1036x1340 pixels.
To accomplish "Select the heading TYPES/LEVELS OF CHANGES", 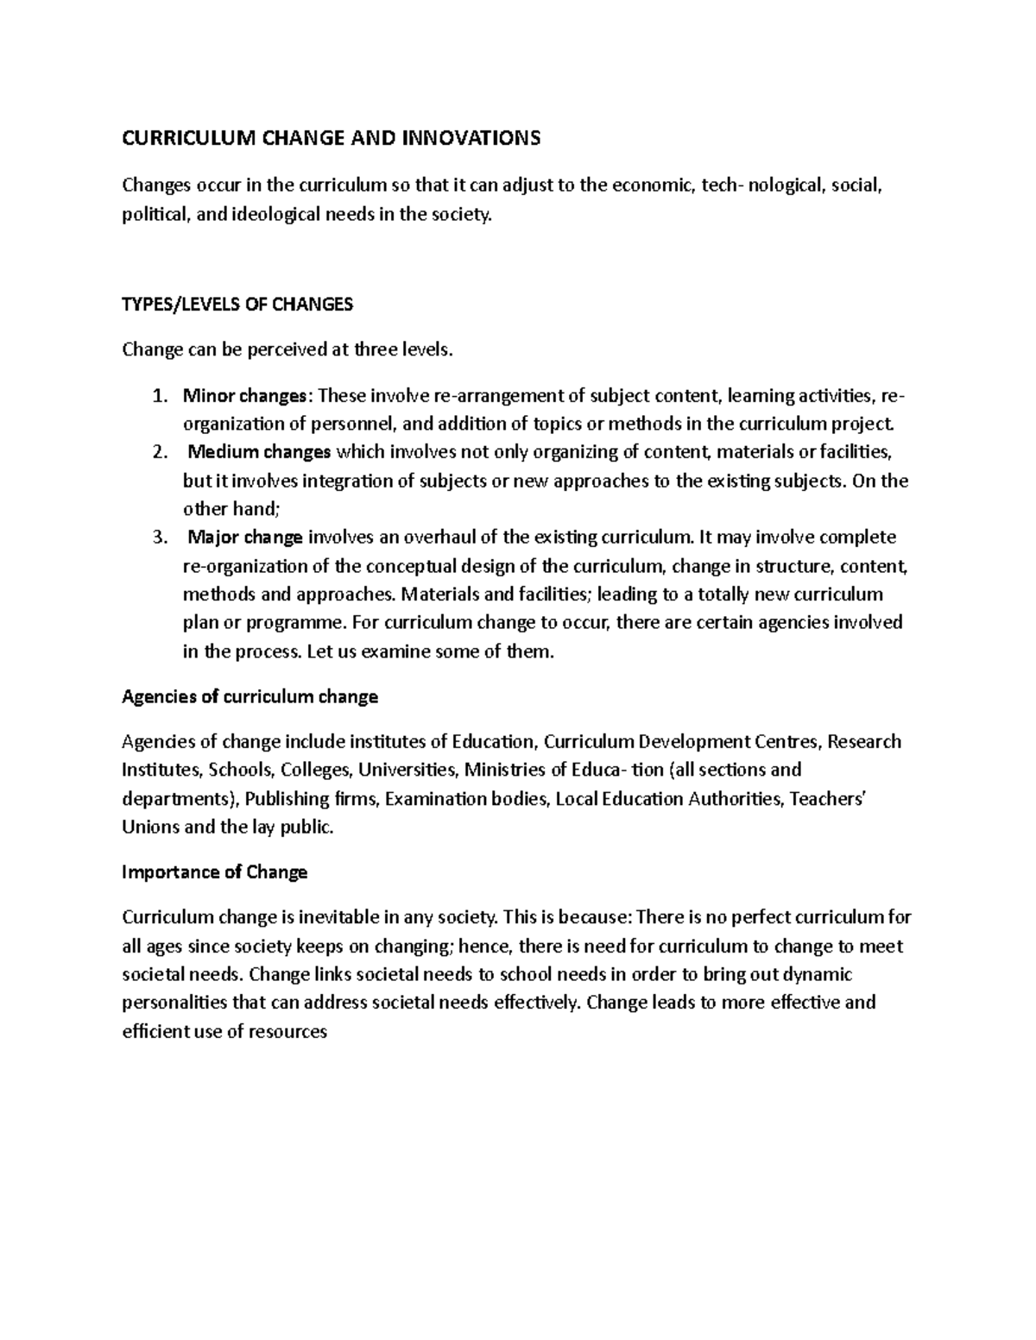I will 237,304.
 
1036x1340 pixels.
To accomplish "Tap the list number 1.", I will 157,396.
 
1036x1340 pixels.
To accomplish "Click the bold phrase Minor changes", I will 245,396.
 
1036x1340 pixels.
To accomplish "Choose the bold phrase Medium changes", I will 260,452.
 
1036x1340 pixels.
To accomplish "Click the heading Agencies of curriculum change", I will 250,696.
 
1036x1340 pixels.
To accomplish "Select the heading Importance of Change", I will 215,872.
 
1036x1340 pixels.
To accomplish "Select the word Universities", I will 407,770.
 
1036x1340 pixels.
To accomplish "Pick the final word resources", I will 287,1031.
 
